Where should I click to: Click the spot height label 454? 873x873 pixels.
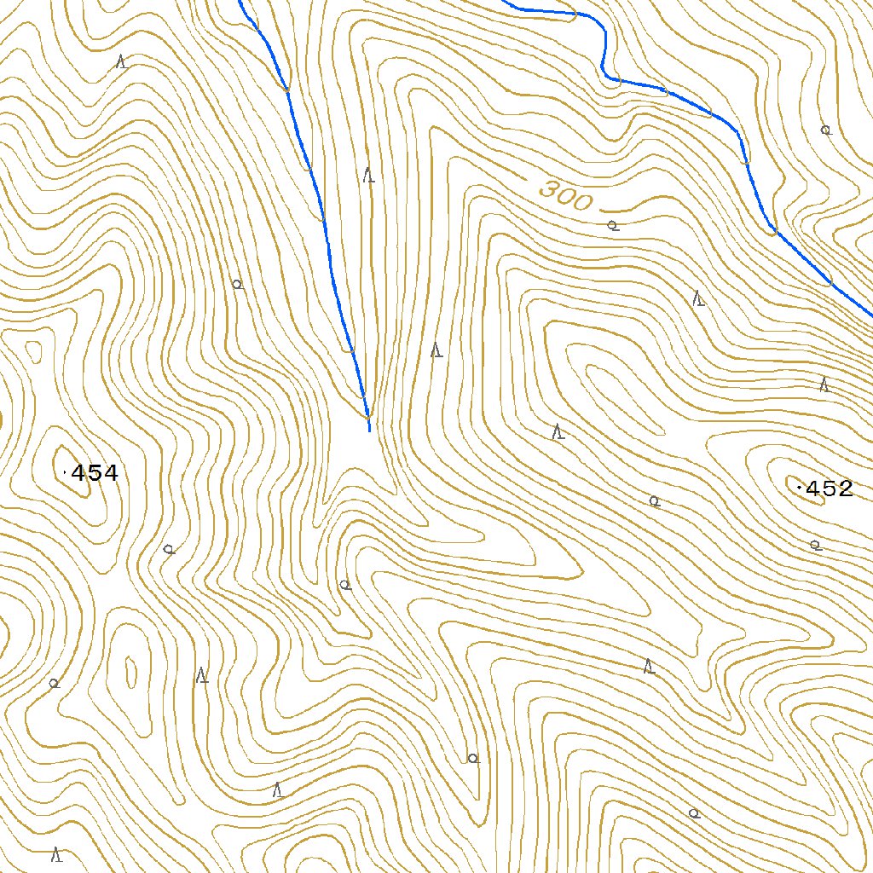tap(94, 473)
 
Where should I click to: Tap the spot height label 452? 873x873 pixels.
tap(829, 489)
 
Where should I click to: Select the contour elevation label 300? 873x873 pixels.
tap(565, 196)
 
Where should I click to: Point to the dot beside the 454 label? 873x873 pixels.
tap(66, 471)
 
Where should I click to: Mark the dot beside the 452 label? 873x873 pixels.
tap(799, 487)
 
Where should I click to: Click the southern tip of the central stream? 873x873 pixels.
tap(369, 430)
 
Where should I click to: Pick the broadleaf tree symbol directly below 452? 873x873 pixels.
tap(815, 545)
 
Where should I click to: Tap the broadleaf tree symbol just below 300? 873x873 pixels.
tap(612, 226)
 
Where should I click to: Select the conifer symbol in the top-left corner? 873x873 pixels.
tap(122, 62)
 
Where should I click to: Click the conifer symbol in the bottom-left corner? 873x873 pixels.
tap(56, 853)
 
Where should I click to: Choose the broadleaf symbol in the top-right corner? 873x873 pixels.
tap(825, 130)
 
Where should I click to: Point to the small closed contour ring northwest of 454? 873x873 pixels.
tap(33, 350)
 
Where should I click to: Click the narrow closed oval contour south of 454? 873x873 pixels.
tap(130, 673)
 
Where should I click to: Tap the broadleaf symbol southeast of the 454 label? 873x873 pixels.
tap(169, 549)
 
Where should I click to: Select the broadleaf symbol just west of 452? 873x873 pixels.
tap(654, 501)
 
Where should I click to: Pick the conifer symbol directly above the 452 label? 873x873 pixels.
tap(824, 384)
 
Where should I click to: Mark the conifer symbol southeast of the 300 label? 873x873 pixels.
tap(698, 298)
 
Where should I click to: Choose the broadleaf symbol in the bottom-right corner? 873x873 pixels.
tap(694, 813)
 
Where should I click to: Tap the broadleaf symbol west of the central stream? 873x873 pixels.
tap(238, 284)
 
